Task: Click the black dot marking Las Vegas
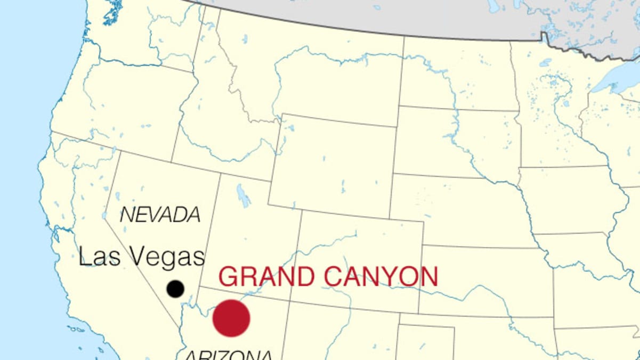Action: click(x=175, y=289)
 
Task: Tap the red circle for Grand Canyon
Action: click(x=231, y=318)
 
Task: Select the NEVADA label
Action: click(x=160, y=215)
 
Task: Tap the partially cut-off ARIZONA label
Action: click(x=228, y=355)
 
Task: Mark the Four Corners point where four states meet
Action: click(x=291, y=315)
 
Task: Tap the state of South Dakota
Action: click(x=458, y=138)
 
